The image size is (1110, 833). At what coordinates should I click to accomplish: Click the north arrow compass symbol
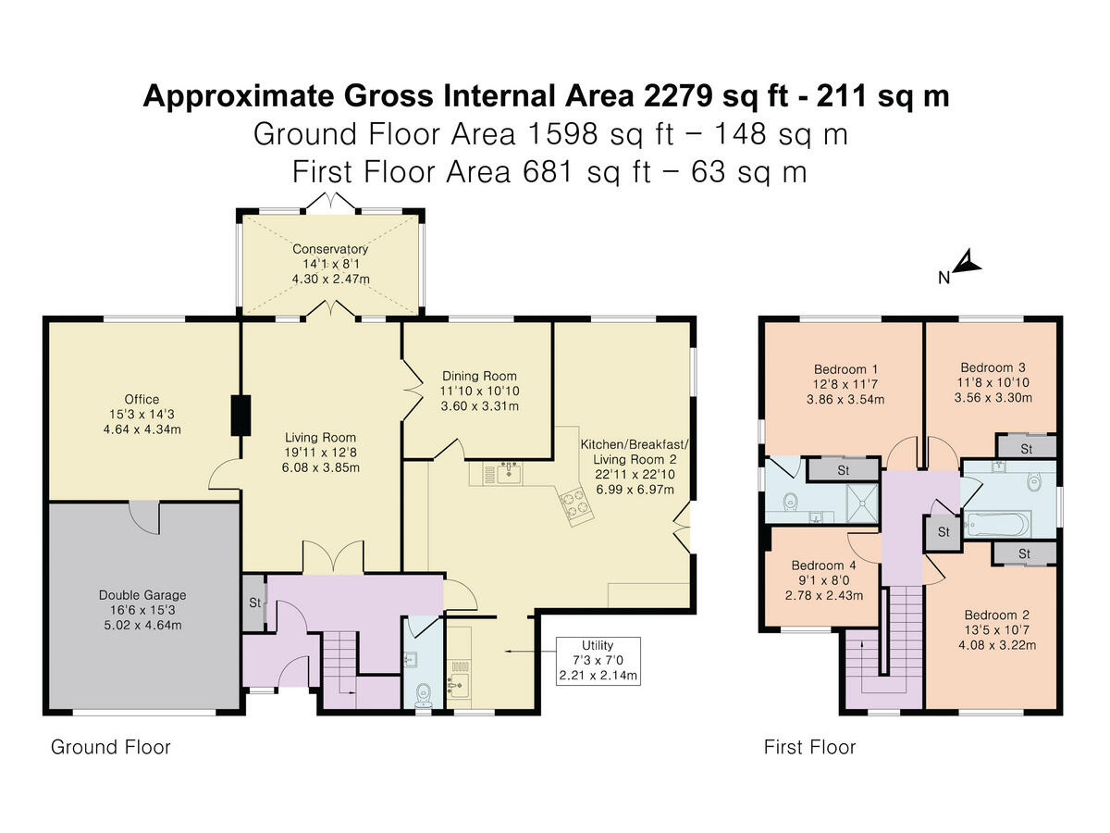point(966,264)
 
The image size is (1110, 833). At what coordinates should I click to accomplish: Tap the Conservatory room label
point(330,249)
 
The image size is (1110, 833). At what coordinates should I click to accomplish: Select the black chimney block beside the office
point(240,416)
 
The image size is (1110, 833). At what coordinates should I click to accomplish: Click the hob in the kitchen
point(576,505)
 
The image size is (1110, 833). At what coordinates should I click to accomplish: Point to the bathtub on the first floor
point(997,525)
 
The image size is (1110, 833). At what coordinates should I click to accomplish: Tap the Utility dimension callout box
point(598,661)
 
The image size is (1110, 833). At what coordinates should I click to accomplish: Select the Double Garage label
point(142,595)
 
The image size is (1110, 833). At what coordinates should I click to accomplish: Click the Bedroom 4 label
point(824,566)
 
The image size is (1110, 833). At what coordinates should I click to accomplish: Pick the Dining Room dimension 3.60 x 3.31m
point(479,406)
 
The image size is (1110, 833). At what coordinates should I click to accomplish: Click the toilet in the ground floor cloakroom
point(424,695)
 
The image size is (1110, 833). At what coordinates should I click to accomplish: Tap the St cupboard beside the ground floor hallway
point(253,603)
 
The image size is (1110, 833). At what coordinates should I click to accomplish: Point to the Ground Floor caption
point(111,747)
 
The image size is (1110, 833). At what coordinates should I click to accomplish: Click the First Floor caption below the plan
point(809,747)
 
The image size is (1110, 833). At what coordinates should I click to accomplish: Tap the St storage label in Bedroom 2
point(1024,554)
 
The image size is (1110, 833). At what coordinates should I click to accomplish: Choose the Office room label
point(142,400)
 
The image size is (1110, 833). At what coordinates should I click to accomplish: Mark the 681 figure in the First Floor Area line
point(548,172)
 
